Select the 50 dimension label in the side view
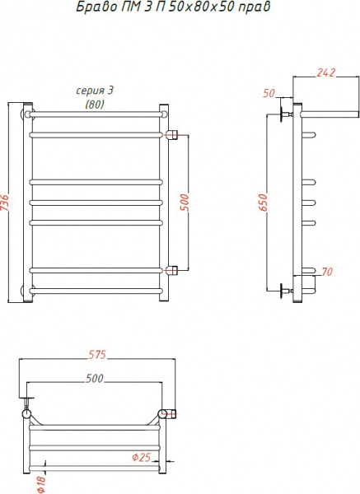[x=269, y=94]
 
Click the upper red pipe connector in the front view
[x=172, y=134]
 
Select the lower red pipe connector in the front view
[x=172, y=269]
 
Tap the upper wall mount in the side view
[x=287, y=113]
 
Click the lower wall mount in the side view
[x=287, y=291]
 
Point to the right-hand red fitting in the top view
[x=172, y=413]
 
